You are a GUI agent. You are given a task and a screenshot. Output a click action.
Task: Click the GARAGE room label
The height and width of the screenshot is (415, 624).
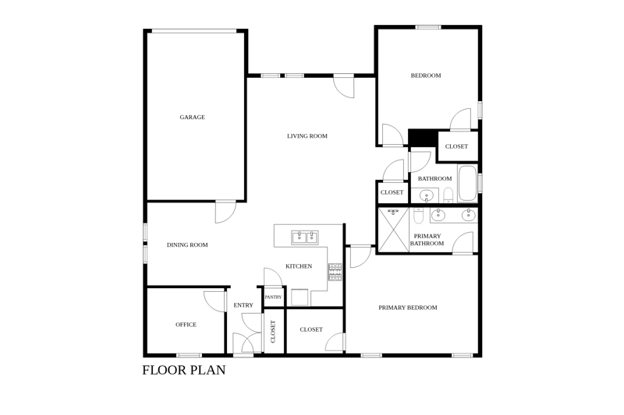[x=192, y=117]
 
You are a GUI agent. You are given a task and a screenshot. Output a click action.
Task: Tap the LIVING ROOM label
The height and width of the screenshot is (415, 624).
[x=307, y=135]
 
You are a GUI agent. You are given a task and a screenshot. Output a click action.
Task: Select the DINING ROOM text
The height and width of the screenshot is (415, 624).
[x=187, y=245]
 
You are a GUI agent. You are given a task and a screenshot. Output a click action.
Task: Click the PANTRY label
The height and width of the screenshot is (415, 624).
[x=274, y=297]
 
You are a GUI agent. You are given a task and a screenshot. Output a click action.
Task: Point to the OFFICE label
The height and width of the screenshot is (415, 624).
[x=186, y=325]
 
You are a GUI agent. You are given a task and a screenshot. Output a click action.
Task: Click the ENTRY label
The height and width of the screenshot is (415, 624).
[x=243, y=305]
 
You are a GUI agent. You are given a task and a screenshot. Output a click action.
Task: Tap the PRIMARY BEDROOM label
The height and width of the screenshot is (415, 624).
[x=407, y=308]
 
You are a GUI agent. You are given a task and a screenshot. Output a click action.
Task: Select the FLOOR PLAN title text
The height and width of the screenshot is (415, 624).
[x=184, y=370]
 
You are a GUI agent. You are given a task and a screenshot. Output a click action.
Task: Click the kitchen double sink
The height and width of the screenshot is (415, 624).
[x=305, y=237]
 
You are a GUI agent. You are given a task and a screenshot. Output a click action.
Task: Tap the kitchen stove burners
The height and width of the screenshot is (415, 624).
[x=335, y=272]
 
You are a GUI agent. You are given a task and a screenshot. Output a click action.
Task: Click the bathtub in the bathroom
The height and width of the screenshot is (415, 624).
[x=467, y=184]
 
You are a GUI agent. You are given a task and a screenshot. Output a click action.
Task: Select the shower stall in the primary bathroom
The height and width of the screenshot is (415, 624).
[x=393, y=230]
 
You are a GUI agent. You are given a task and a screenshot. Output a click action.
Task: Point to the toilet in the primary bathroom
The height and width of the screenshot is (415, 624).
[x=419, y=215]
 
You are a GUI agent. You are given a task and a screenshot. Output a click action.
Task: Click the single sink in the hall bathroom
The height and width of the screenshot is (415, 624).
[x=426, y=195]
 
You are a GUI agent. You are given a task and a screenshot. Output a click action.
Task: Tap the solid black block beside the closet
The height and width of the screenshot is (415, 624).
[x=423, y=137]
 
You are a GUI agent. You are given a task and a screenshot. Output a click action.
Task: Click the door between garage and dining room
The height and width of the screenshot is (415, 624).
[x=225, y=213]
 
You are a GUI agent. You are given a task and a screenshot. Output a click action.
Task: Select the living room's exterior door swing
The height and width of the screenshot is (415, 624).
[x=344, y=86]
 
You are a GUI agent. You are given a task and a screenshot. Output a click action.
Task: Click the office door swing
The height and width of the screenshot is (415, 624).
[x=214, y=302]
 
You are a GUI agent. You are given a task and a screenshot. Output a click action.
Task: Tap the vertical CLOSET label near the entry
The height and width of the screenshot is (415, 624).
[x=273, y=332]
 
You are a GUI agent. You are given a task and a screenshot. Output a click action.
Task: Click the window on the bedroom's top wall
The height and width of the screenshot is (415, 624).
[x=428, y=27]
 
